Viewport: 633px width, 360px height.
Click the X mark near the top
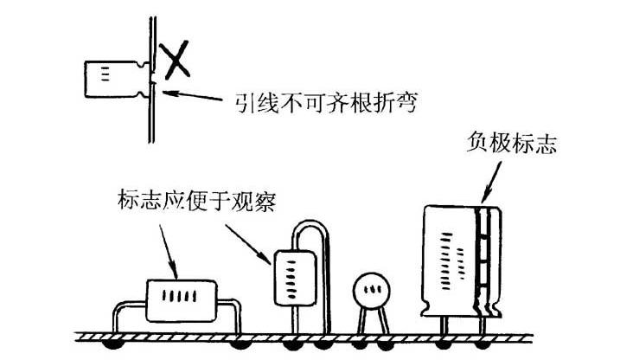pyautogui.click(x=177, y=60)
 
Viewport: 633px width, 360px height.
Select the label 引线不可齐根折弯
pyautogui.click(x=325, y=104)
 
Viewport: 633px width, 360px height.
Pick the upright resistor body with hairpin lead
pyautogui.click(x=291, y=277)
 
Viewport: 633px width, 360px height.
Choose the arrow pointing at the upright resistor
pyautogui.click(x=250, y=243)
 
